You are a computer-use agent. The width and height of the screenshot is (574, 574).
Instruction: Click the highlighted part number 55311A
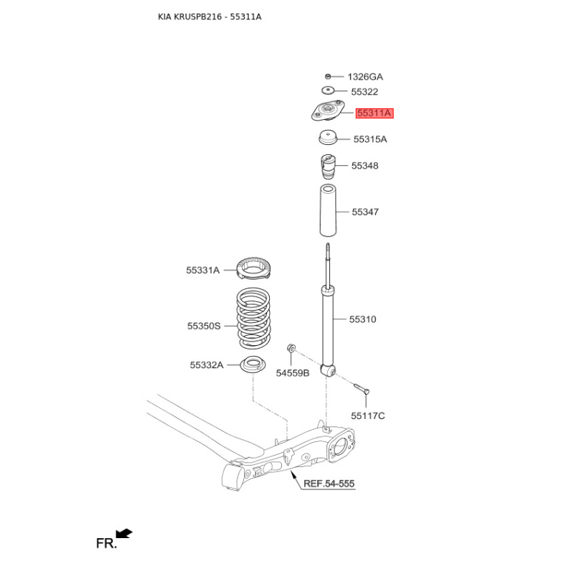[375, 113]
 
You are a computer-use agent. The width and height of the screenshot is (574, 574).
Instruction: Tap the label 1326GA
[365, 77]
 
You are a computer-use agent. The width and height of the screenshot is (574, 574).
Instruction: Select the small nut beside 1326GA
[328, 77]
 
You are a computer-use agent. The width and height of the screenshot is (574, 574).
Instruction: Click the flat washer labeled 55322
[328, 90]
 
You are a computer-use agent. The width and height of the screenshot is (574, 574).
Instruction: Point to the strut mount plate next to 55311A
[328, 111]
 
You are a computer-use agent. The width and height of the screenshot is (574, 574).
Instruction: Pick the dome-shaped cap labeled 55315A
[328, 137]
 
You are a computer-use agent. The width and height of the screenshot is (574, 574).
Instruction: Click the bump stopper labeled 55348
[328, 166]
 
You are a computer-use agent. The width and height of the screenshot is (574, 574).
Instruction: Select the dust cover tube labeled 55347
[328, 210]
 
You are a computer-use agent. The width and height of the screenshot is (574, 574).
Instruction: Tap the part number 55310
[362, 319]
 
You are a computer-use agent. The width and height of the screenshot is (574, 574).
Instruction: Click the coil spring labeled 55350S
[253, 318]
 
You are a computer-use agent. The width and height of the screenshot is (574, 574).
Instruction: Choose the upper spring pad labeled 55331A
[253, 268]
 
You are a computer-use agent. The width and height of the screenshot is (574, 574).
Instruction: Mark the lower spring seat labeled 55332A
[253, 364]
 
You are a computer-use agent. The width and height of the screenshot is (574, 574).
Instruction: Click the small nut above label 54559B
[291, 347]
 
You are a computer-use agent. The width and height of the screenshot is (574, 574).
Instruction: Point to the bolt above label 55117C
[362, 388]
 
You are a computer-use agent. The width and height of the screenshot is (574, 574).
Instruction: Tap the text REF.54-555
[329, 484]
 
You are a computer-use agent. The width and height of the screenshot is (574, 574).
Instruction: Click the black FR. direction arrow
[124, 534]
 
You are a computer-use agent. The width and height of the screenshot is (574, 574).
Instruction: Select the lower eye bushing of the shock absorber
[329, 370]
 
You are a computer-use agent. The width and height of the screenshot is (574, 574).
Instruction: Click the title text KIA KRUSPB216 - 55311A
[210, 17]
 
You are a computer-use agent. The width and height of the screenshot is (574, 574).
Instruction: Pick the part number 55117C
[368, 416]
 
